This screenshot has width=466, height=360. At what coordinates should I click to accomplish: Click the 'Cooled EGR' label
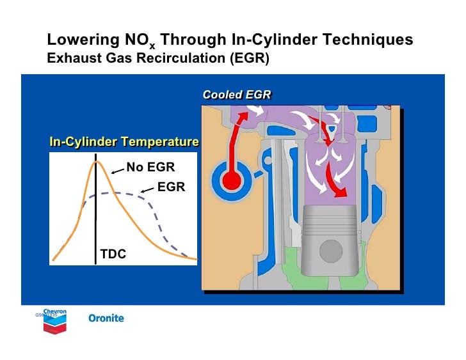tap(237, 95)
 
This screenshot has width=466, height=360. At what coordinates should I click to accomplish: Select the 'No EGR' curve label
tap(150, 168)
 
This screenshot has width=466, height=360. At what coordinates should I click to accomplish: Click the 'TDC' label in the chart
tap(113, 254)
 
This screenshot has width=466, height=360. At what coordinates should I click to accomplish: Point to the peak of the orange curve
tap(97, 162)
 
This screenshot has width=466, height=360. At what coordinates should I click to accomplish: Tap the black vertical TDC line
tap(95, 211)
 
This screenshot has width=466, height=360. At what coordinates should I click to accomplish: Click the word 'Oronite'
tap(106, 318)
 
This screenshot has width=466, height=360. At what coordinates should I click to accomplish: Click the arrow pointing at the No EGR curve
tap(117, 170)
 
